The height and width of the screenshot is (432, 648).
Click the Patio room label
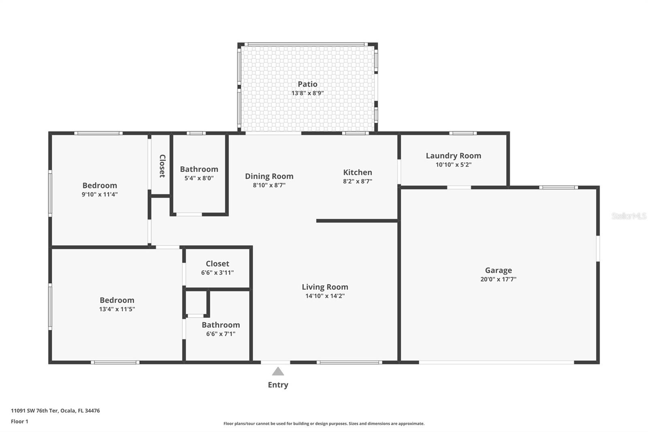[307, 84]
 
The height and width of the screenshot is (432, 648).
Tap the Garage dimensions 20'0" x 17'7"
[498, 279]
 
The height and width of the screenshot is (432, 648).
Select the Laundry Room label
[453, 156]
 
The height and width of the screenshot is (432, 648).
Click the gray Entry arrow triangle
[278, 372]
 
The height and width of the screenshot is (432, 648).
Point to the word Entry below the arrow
[278, 385]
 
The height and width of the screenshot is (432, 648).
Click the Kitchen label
[357, 172]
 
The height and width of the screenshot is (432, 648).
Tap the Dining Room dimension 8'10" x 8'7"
[269, 185]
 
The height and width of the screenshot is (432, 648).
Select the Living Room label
[325, 287]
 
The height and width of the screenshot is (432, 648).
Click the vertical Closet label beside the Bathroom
[162, 166]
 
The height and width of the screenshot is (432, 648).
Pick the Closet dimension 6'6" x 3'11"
[217, 273]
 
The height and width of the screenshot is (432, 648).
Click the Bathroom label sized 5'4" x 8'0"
[199, 169]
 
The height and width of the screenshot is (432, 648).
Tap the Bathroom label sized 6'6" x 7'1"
[221, 325]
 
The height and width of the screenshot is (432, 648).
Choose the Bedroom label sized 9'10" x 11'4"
[100, 186]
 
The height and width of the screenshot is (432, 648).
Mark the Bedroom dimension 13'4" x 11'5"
[117, 309]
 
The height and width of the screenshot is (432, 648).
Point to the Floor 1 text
[19, 421]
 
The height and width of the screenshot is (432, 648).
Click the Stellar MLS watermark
[629, 216]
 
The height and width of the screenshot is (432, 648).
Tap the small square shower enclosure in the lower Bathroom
[196, 303]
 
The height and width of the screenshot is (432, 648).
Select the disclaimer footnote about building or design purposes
[324, 423]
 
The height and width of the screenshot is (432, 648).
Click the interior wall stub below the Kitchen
[356, 221]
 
